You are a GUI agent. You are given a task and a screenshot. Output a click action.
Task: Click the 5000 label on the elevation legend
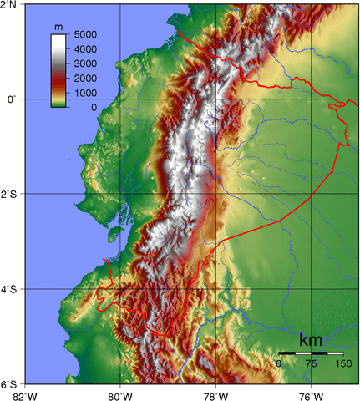click(85, 35)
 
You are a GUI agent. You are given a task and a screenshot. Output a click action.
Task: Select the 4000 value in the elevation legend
click(85, 49)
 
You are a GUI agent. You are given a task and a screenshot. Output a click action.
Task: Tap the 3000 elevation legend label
click(85, 63)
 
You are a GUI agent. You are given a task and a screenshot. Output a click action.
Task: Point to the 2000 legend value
click(85, 79)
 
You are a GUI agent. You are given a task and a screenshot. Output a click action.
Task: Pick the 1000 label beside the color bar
click(85, 93)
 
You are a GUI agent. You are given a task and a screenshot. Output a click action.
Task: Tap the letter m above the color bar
click(58, 28)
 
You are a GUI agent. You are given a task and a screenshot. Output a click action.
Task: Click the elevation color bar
click(58, 70)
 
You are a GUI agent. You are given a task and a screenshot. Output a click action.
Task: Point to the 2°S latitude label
click(10, 194)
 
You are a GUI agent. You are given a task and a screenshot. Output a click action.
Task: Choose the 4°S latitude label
click(10, 289)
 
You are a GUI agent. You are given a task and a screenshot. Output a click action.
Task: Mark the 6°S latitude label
click(10, 384)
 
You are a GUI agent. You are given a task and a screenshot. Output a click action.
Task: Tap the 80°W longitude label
click(120, 394)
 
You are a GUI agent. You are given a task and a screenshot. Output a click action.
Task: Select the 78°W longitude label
click(215, 394)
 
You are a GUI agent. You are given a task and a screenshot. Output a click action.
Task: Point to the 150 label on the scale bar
click(342, 364)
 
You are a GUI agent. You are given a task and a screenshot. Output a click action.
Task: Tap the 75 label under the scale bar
click(311, 364)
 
